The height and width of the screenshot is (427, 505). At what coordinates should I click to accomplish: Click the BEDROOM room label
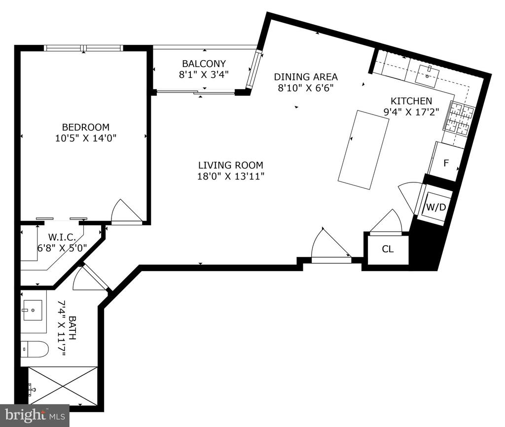[86, 127]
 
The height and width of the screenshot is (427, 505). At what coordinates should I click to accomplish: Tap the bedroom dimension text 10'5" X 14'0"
[86, 138]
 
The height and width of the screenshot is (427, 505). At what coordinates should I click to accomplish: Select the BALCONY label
[204, 64]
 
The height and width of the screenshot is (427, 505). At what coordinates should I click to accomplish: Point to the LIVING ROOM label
[231, 165]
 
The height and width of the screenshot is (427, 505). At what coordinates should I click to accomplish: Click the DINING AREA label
[306, 76]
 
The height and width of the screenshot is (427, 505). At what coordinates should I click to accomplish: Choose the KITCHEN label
[411, 101]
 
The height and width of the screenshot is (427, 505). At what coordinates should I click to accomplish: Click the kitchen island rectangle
[363, 150]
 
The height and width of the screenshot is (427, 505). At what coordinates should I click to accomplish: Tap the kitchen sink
[427, 75]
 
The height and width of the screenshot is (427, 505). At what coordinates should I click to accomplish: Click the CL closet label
[388, 249]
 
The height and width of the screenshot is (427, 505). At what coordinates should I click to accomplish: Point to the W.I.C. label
[62, 238]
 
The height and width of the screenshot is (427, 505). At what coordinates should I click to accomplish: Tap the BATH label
[73, 328]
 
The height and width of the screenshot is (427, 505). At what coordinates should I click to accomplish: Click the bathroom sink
[33, 311]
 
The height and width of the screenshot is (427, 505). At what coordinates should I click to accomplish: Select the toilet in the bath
[35, 349]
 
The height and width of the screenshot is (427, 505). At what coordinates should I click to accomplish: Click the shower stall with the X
[63, 385]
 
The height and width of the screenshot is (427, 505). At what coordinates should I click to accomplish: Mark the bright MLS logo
[35, 415]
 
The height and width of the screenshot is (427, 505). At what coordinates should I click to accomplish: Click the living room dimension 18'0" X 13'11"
[231, 176]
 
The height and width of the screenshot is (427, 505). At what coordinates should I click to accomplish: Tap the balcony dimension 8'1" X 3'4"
[204, 75]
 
